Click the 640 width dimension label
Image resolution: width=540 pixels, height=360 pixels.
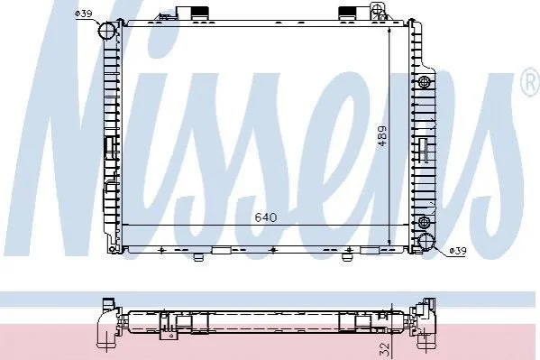coord(266,217)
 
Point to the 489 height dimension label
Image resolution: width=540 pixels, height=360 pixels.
coord(382,136)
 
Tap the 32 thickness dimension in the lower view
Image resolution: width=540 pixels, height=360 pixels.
coord(384,349)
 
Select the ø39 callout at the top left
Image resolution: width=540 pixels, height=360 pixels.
coord(83,14)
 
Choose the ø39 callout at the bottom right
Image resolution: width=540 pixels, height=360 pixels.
coord(458,251)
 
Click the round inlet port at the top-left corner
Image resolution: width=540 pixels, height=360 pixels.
coord(106,31)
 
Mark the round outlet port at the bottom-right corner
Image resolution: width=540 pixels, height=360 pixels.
coord(426,242)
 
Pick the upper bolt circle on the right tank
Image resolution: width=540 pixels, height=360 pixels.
coord(424,82)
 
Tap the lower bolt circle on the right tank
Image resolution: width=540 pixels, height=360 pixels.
coord(423,221)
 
